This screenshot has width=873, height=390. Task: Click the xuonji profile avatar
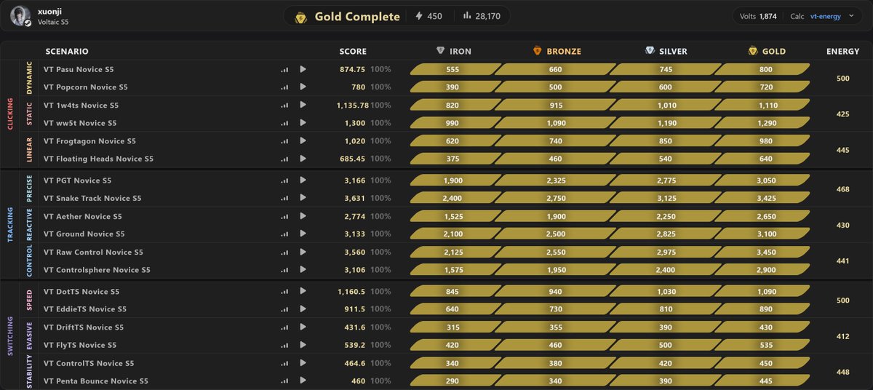(20, 16)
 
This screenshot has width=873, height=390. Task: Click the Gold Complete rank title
(357, 16)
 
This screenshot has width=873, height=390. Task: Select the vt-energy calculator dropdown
(832, 16)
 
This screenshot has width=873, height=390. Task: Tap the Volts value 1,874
(768, 16)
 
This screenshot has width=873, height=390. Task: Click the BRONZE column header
(564, 51)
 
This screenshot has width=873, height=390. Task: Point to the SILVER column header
(673, 51)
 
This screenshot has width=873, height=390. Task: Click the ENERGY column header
(842, 51)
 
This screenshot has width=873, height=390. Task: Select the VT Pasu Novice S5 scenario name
(79, 69)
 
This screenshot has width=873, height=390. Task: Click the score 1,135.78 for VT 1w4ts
(352, 106)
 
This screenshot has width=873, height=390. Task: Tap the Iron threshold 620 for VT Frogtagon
(452, 141)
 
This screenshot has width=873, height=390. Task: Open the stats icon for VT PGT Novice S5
(284, 180)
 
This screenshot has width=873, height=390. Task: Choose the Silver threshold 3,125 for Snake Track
(666, 199)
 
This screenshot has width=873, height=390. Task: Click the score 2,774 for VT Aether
(355, 216)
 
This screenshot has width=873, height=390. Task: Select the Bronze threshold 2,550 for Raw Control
(556, 252)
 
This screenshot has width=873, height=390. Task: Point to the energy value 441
(842, 261)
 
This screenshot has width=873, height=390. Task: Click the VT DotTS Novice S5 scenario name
(81, 292)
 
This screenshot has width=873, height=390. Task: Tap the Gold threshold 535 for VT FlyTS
(766, 345)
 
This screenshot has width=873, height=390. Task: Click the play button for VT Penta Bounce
(303, 381)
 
